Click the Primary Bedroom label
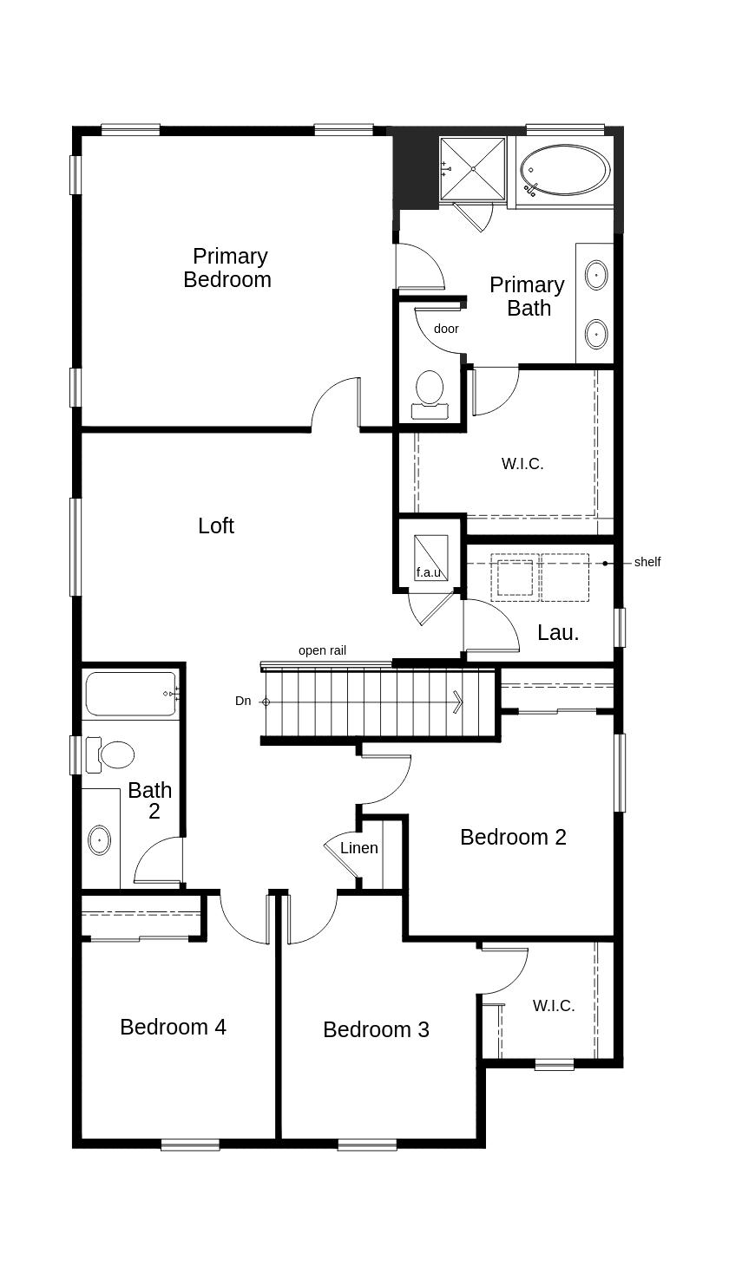coord(228,268)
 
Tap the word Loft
coord(216,526)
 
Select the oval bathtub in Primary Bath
coord(565,170)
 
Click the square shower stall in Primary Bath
coord(472,168)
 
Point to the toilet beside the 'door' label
coord(430,389)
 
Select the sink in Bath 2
coord(100,839)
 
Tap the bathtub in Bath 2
coord(131,694)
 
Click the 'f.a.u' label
coord(429,572)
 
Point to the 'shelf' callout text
coord(647,562)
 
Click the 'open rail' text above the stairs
coord(323,650)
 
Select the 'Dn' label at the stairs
coord(243,701)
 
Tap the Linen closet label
coord(358,848)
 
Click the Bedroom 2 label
coord(513,837)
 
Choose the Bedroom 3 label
coord(376,1029)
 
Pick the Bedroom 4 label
coord(173,1027)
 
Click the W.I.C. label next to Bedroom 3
coord(554,1006)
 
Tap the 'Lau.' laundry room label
coord(558,633)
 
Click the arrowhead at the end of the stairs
coord(458,702)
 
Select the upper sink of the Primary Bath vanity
coord(596,276)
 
